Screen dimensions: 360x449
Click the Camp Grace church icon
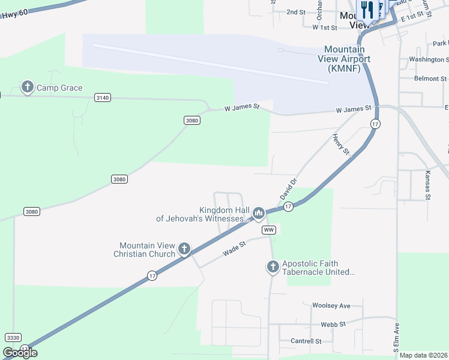(x=27, y=88)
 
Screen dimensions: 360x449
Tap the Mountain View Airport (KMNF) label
(x=347, y=59)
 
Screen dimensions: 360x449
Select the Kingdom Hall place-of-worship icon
(x=259, y=213)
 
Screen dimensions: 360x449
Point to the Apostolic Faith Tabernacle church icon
(x=273, y=266)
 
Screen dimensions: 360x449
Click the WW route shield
(x=268, y=230)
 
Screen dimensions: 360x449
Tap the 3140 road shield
(x=103, y=97)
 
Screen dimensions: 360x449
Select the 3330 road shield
(x=13, y=338)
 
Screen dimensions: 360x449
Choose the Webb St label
(x=333, y=324)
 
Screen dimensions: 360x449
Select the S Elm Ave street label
(x=397, y=336)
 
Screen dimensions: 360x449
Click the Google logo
(x=20, y=353)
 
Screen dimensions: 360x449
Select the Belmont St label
(x=431, y=79)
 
